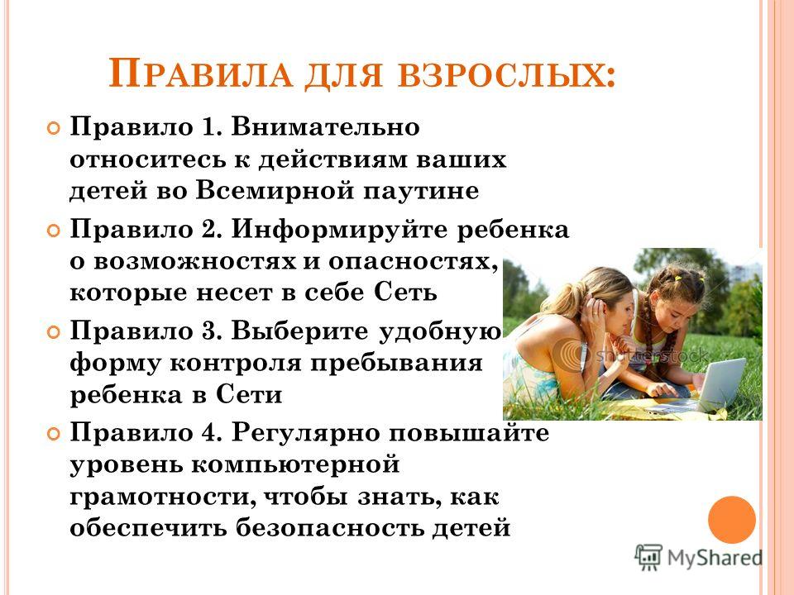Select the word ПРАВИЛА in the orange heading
(x=200, y=74)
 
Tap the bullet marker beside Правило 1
(x=53, y=127)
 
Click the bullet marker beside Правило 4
(x=53, y=434)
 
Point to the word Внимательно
(x=326, y=126)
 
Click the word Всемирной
(x=275, y=191)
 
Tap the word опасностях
(x=413, y=262)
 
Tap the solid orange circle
(x=732, y=520)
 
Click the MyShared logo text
(x=715, y=558)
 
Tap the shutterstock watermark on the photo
(x=652, y=355)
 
